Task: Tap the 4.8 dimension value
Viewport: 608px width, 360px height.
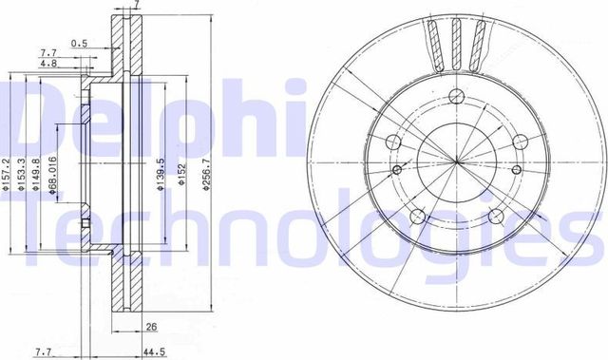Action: pos(47,63)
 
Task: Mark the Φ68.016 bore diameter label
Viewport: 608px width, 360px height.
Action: pos(54,175)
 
